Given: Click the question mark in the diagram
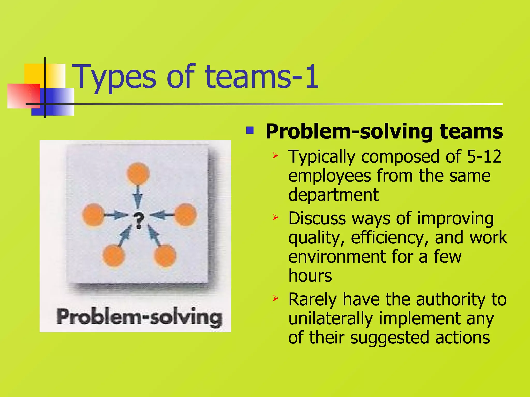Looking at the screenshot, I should coord(138,220).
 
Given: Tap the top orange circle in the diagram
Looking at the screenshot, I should coord(138,173).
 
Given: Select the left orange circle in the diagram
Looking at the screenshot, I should coord(93,215).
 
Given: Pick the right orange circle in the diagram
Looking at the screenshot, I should coord(186,214).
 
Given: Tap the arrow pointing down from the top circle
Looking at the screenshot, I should coord(138,196).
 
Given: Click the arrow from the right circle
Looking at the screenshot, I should coord(162,215).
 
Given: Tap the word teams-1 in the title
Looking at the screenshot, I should coord(261,77).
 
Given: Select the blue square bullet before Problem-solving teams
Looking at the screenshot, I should coord(250,130).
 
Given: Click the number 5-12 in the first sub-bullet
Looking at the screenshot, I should coord(484,157).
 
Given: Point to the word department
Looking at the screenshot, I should coord(333,195).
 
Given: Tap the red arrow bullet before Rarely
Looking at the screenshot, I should coord(275,299).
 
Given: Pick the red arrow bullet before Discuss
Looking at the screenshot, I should coord(275,218).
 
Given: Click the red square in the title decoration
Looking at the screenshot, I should coord(23,96).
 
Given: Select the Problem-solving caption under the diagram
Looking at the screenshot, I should coord(139,317).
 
